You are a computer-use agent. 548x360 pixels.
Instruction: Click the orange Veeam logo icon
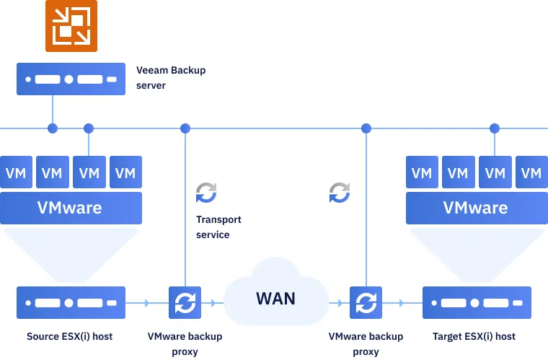(71, 26)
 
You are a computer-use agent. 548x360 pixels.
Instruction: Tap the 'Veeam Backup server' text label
(171, 78)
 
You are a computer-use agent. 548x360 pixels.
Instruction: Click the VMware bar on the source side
(70, 208)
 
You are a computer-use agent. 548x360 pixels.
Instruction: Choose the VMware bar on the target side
(476, 208)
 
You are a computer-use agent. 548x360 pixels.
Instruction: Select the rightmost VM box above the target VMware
(531, 173)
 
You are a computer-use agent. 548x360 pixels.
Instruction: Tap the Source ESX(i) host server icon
(71, 303)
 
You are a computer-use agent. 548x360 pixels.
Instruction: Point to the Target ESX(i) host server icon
(477, 303)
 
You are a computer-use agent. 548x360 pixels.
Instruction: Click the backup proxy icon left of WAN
(185, 303)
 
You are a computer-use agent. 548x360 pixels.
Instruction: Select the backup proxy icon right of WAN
(366, 303)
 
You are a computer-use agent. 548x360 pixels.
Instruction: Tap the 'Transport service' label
(218, 227)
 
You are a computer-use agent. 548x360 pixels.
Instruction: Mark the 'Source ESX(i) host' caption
(70, 336)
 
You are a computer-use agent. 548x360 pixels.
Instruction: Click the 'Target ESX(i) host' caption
(474, 336)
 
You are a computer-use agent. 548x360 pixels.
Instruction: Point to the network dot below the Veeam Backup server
(52, 128)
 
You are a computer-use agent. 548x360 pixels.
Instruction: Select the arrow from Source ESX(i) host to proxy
(147, 303)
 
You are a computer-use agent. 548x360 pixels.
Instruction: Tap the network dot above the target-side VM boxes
(495, 128)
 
